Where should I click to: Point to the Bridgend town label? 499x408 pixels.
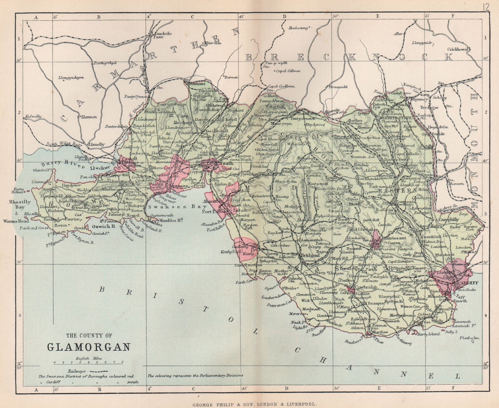pos(310,255)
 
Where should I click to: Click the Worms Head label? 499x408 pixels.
pos(12,221)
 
